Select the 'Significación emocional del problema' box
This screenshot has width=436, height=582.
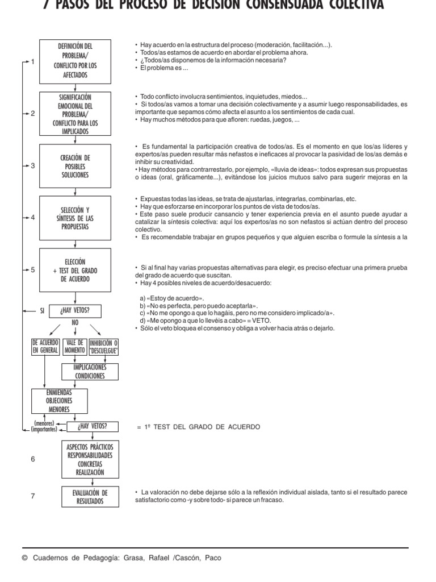[x=78, y=114]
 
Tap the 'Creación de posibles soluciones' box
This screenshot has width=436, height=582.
[x=78, y=166]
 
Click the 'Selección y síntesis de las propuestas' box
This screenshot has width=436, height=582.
[x=78, y=218]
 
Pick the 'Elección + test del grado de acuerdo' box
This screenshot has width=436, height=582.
[x=78, y=270]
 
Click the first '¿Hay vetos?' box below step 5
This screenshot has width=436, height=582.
[x=74, y=310]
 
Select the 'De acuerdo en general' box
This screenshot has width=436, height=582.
[x=45, y=347]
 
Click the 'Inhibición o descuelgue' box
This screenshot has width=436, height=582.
[x=103, y=347]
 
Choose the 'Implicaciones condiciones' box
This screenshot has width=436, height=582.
[x=90, y=372]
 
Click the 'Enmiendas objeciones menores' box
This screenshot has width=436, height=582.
[x=59, y=400]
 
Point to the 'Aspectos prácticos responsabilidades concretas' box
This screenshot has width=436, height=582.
[x=90, y=460]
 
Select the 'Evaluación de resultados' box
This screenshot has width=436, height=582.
[x=90, y=496]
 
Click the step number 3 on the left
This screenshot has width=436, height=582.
[x=33, y=166]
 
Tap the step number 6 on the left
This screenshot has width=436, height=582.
[x=33, y=459]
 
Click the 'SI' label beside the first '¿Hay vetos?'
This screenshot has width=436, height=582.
[x=41, y=311]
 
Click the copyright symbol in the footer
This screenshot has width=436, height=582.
[x=24, y=558]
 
